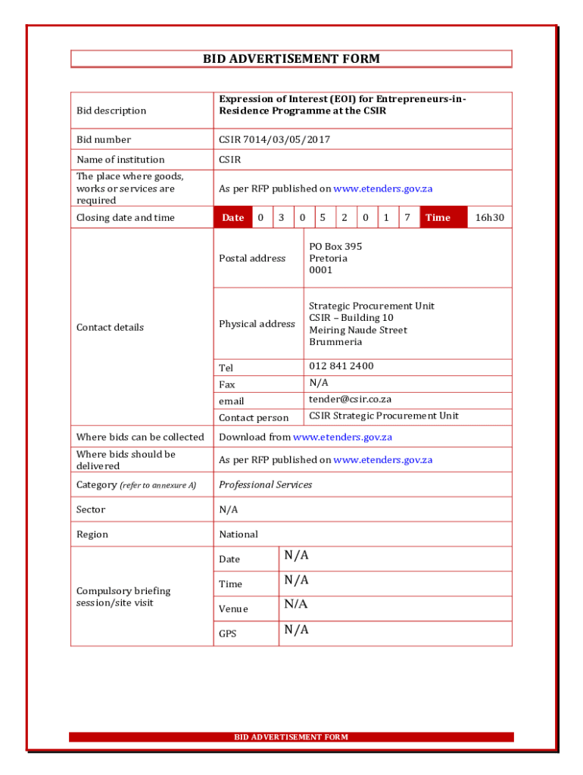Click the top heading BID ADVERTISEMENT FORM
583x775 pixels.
pyautogui.click(x=291, y=59)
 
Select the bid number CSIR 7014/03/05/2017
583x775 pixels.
pyautogui.click(x=274, y=140)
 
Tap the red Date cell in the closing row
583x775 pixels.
pyautogui.click(x=232, y=218)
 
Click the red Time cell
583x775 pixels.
pyautogui.click(x=438, y=218)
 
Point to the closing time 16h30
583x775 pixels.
pyautogui.click(x=489, y=218)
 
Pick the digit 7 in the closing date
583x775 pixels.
pyautogui.click(x=407, y=218)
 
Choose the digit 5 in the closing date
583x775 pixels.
pyautogui.click(x=323, y=218)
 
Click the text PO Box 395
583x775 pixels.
pyautogui.click(x=335, y=247)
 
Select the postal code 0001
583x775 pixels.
pyautogui.click(x=320, y=270)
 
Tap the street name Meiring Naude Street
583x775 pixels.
pyautogui.click(x=357, y=330)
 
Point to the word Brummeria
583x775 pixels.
pyautogui.click(x=335, y=342)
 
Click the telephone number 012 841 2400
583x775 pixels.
pyautogui.click(x=341, y=366)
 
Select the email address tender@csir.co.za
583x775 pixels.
pyautogui.click(x=350, y=399)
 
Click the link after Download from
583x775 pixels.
pyautogui.click(x=342, y=437)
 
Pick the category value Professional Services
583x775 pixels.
pyautogui.click(x=265, y=485)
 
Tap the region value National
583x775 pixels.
pyautogui.click(x=238, y=534)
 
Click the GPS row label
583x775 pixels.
pyautogui.click(x=228, y=634)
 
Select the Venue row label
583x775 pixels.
pyautogui.click(x=233, y=609)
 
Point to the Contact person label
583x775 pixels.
pyautogui.click(x=254, y=418)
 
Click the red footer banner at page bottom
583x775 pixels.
pyautogui.click(x=291, y=737)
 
